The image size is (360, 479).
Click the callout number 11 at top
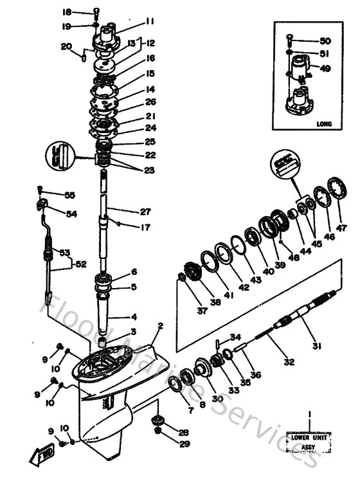point(150,21)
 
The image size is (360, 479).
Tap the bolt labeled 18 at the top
point(96,12)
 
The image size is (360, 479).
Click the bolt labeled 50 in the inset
point(291,38)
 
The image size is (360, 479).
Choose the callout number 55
point(70,195)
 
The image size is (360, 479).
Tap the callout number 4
point(134,317)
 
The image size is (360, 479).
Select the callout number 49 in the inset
point(325,69)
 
